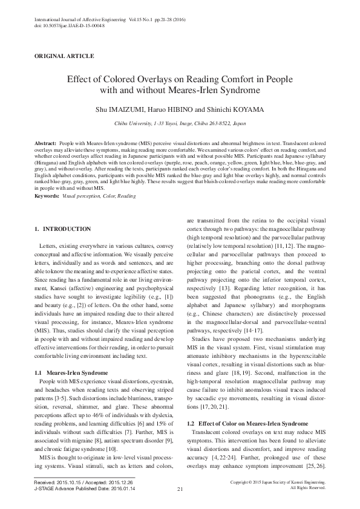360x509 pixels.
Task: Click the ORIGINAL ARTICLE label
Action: pyautogui.click(x=64, y=56)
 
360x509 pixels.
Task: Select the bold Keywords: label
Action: pyautogui.click(x=47, y=196)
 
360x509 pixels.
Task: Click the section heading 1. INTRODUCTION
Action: pyautogui.click(x=63, y=229)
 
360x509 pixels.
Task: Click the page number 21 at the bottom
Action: pyautogui.click(x=180, y=488)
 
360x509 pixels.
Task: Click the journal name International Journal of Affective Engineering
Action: pyautogui.click(x=77, y=20)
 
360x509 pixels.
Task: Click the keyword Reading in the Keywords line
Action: pyautogui.click(x=127, y=196)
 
